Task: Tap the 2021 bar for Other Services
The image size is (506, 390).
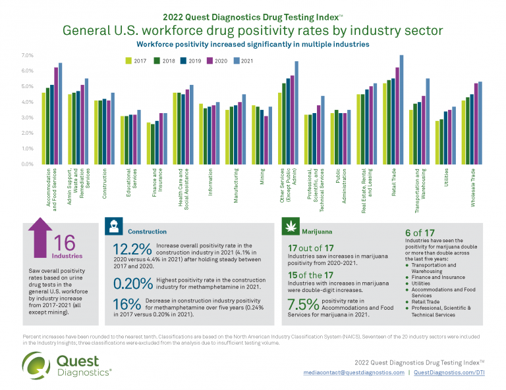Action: click(x=296, y=112)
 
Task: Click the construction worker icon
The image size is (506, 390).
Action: click(x=114, y=232)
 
